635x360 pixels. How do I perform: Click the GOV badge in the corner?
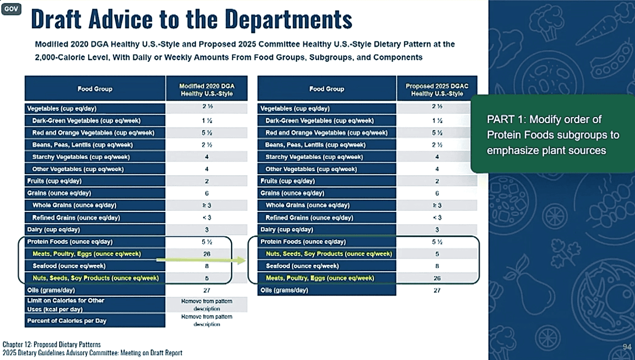(x=11, y=9)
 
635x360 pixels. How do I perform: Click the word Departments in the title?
(x=289, y=19)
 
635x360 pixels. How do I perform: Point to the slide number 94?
(x=627, y=347)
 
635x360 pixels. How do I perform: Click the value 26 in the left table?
(x=207, y=254)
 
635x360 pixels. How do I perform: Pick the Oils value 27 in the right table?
(x=437, y=290)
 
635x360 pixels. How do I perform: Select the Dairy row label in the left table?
(x=53, y=229)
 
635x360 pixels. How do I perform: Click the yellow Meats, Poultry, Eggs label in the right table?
(x=320, y=278)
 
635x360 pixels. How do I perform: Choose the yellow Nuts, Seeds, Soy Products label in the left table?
(x=95, y=278)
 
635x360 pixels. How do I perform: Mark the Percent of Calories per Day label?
(x=67, y=321)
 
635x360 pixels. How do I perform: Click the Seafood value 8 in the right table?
(x=437, y=266)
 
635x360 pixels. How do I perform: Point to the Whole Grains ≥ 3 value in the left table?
(x=207, y=205)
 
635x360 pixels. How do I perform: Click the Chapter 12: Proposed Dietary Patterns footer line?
(x=52, y=344)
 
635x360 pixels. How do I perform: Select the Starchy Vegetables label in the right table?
(x=314, y=157)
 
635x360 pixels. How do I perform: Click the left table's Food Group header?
(x=95, y=89)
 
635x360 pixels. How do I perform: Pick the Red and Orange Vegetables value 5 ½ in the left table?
(x=207, y=133)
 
